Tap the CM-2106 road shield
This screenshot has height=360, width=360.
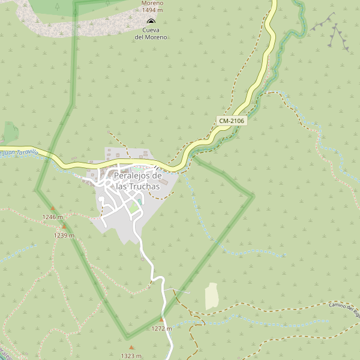pos(232,121)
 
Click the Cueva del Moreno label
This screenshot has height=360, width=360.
pos(151,34)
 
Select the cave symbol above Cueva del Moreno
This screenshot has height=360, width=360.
pos(151,21)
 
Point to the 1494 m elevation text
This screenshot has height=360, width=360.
pos(152,10)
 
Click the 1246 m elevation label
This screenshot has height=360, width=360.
pos(52,217)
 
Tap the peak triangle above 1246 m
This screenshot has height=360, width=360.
pos(52,209)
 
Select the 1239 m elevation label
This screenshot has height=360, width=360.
pos(64,235)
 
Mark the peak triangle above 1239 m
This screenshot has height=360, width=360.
pos(64,227)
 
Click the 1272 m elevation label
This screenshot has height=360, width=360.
pos(161,328)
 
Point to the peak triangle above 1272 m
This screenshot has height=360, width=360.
pos(161,320)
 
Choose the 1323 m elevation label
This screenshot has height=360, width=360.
pos(131,356)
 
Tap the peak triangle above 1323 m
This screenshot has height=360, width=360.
pos(131,347)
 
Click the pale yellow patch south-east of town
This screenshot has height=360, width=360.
pos(211,296)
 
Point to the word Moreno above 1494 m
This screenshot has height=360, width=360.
pos(152,3)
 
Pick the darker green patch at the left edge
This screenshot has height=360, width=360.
pos(10,131)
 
